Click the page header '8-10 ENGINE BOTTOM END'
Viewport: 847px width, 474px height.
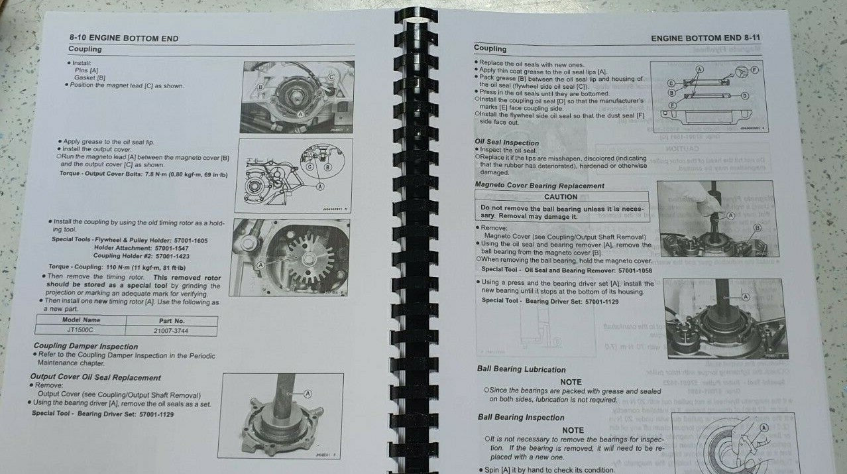[x=123, y=38]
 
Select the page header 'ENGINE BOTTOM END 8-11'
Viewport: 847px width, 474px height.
[x=705, y=38]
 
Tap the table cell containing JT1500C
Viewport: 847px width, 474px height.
[x=82, y=329]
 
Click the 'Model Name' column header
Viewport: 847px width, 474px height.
[x=82, y=320]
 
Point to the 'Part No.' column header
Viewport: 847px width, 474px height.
[x=170, y=320]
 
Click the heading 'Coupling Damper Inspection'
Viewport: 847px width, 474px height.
[x=85, y=346]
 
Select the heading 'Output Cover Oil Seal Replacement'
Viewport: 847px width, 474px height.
[x=95, y=377]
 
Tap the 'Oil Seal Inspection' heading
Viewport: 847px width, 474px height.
[x=507, y=143]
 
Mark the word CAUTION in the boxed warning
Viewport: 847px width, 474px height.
[x=561, y=197]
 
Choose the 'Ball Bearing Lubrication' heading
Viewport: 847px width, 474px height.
[x=521, y=369]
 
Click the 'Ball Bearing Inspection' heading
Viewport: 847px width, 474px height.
[x=521, y=418]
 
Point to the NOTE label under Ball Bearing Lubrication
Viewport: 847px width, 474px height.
[x=571, y=382]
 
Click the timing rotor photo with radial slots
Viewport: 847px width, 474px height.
[x=292, y=257]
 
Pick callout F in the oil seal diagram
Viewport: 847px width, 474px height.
[x=755, y=69]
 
